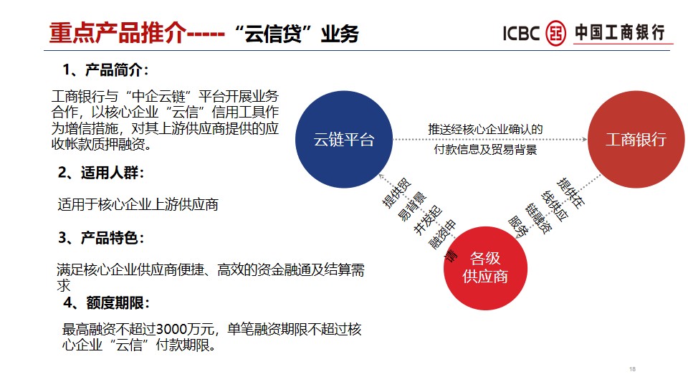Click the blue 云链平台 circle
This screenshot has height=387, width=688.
pyautogui.click(x=343, y=140)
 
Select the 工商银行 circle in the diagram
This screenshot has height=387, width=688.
pyautogui.click(x=636, y=140)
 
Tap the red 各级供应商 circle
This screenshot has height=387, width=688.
pyautogui.click(x=485, y=268)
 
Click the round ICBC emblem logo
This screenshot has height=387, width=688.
pyautogui.click(x=555, y=33)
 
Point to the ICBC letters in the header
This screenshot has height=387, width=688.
pyautogui.click(x=521, y=34)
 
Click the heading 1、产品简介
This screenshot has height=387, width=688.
pyautogui.click(x=106, y=70)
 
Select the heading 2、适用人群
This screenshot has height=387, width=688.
pyautogui.click(x=101, y=173)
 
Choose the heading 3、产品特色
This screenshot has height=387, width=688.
pyautogui.click(x=101, y=237)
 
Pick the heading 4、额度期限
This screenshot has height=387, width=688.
pyautogui.click(x=107, y=302)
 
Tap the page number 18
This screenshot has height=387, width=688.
pyautogui.click(x=632, y=369)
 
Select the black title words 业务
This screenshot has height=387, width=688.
pyautogui.click(x=340, y=34)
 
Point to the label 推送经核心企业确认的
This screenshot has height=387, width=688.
pyautogui.click(x=485, y=130)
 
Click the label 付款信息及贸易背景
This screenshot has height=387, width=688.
pyautogui.click(x=485, y=150)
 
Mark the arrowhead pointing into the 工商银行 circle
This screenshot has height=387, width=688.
pyautogui.click(x=585, y=140)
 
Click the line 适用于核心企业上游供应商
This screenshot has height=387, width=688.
pyautogui.click(x=138, y=204)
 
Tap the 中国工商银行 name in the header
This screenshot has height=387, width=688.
pyautogui.click(x=619, y=32)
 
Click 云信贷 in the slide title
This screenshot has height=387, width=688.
pyautogui.click(x=273, y=34)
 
